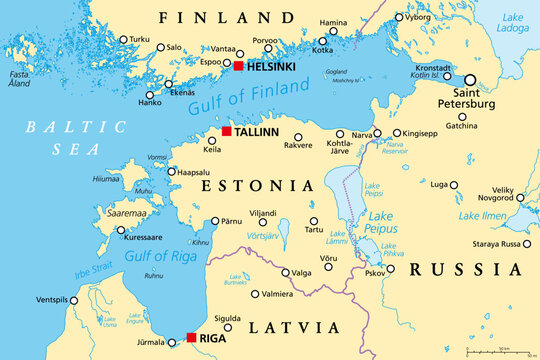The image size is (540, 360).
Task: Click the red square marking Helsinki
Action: [237, 66]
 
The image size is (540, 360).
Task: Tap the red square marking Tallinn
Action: [226, 132]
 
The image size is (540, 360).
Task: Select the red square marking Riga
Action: [191, 338]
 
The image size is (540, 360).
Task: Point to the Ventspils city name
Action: [52, 300]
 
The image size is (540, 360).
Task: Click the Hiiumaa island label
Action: [106, 179]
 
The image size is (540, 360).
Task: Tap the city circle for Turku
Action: [124, 40]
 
